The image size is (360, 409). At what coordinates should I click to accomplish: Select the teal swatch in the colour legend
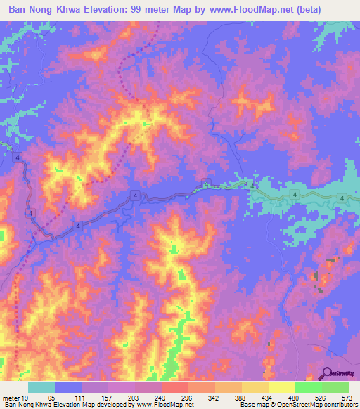(41, 388)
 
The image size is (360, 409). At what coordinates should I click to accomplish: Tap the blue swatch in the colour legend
(68, 388)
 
